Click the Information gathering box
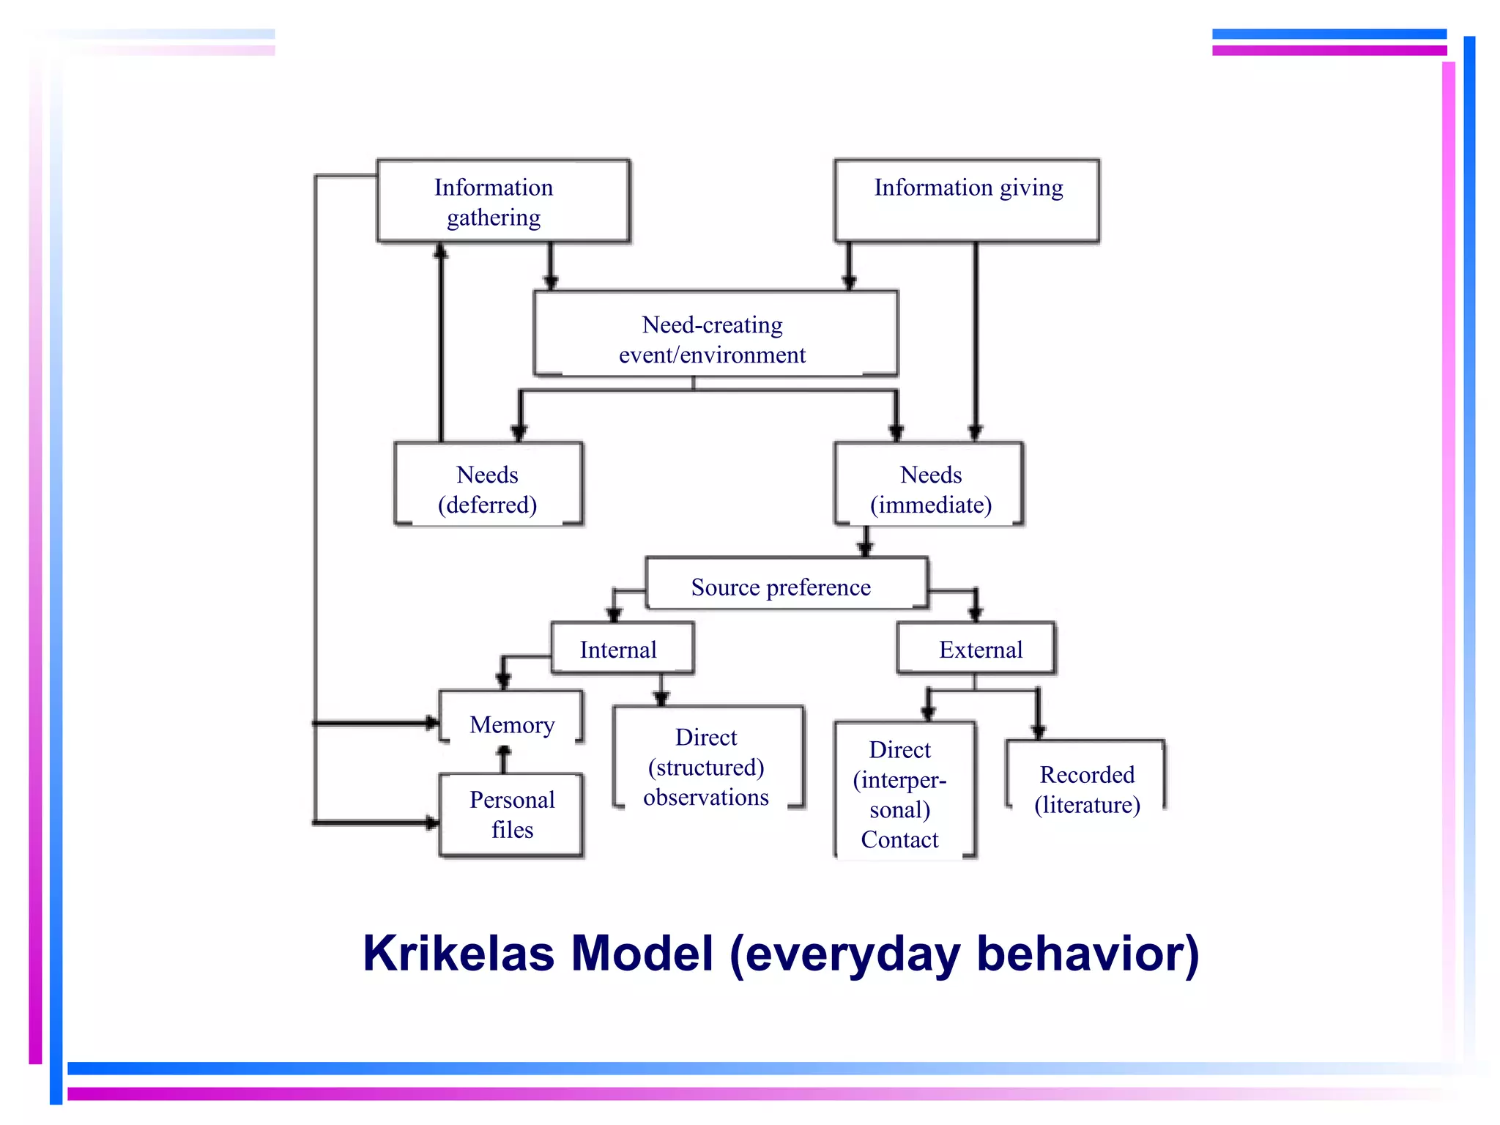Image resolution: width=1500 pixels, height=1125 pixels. pos(503,201)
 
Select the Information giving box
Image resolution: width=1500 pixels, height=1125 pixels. pos(967,201)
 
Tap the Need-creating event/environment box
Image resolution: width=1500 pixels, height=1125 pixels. pos(715,335)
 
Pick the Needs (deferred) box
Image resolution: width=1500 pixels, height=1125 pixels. pos(489,484)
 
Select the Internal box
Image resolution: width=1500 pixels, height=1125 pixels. pos(622,648)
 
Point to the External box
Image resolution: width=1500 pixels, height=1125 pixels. pos(976,648)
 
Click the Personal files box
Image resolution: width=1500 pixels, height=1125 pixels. pos(511,814)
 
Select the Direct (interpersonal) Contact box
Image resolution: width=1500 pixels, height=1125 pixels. pos(905,791)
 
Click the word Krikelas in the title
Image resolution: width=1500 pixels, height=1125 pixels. pos(458,954)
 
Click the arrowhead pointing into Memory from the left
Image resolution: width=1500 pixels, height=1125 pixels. pos(432,724)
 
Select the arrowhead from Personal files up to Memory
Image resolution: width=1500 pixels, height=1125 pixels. pos(503,752)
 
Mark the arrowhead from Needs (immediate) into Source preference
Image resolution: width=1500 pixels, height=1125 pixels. pos(866,549)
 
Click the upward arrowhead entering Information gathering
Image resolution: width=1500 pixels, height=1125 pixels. pos(441,251)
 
